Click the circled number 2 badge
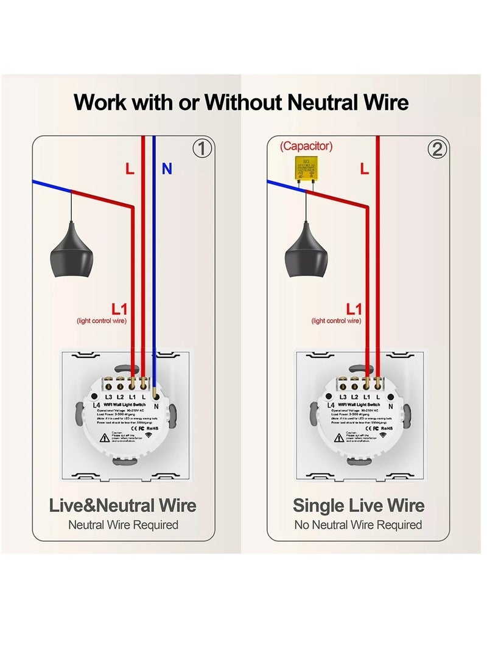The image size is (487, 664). pos(436,149)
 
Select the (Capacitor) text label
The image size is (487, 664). pos(306,146)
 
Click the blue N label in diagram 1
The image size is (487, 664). pos(166,169)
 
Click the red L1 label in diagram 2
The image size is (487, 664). pos(354,309)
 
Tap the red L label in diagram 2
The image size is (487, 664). pos(365,169)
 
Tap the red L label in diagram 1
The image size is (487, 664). pos(130,169)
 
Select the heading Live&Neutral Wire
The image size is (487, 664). pos(122,505)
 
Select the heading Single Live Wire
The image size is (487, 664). pos(359,505)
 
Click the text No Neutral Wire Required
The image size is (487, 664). pos(358,525)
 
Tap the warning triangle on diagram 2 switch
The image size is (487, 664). pos(340,436)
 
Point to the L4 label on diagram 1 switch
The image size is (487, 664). pos(96,405)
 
